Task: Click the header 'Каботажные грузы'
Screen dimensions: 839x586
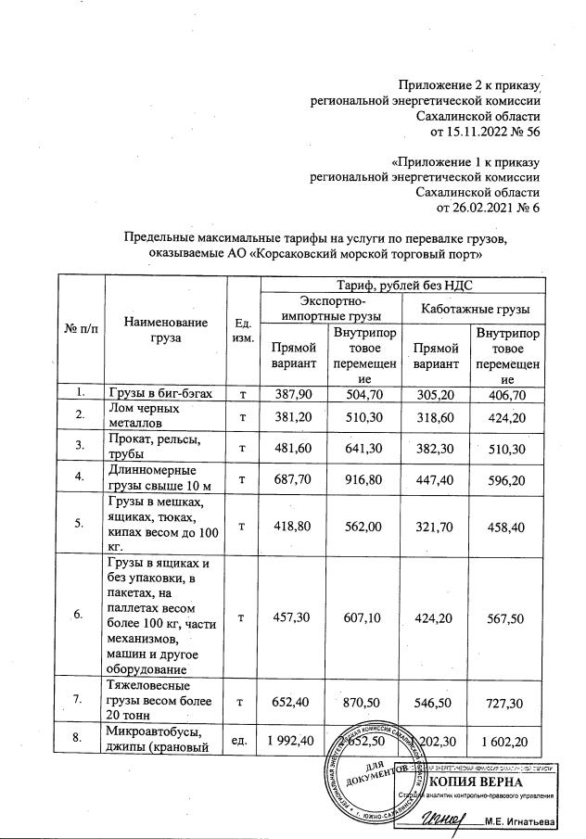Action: pos(471,309)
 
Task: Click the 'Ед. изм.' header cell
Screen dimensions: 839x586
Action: pos(243,329)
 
